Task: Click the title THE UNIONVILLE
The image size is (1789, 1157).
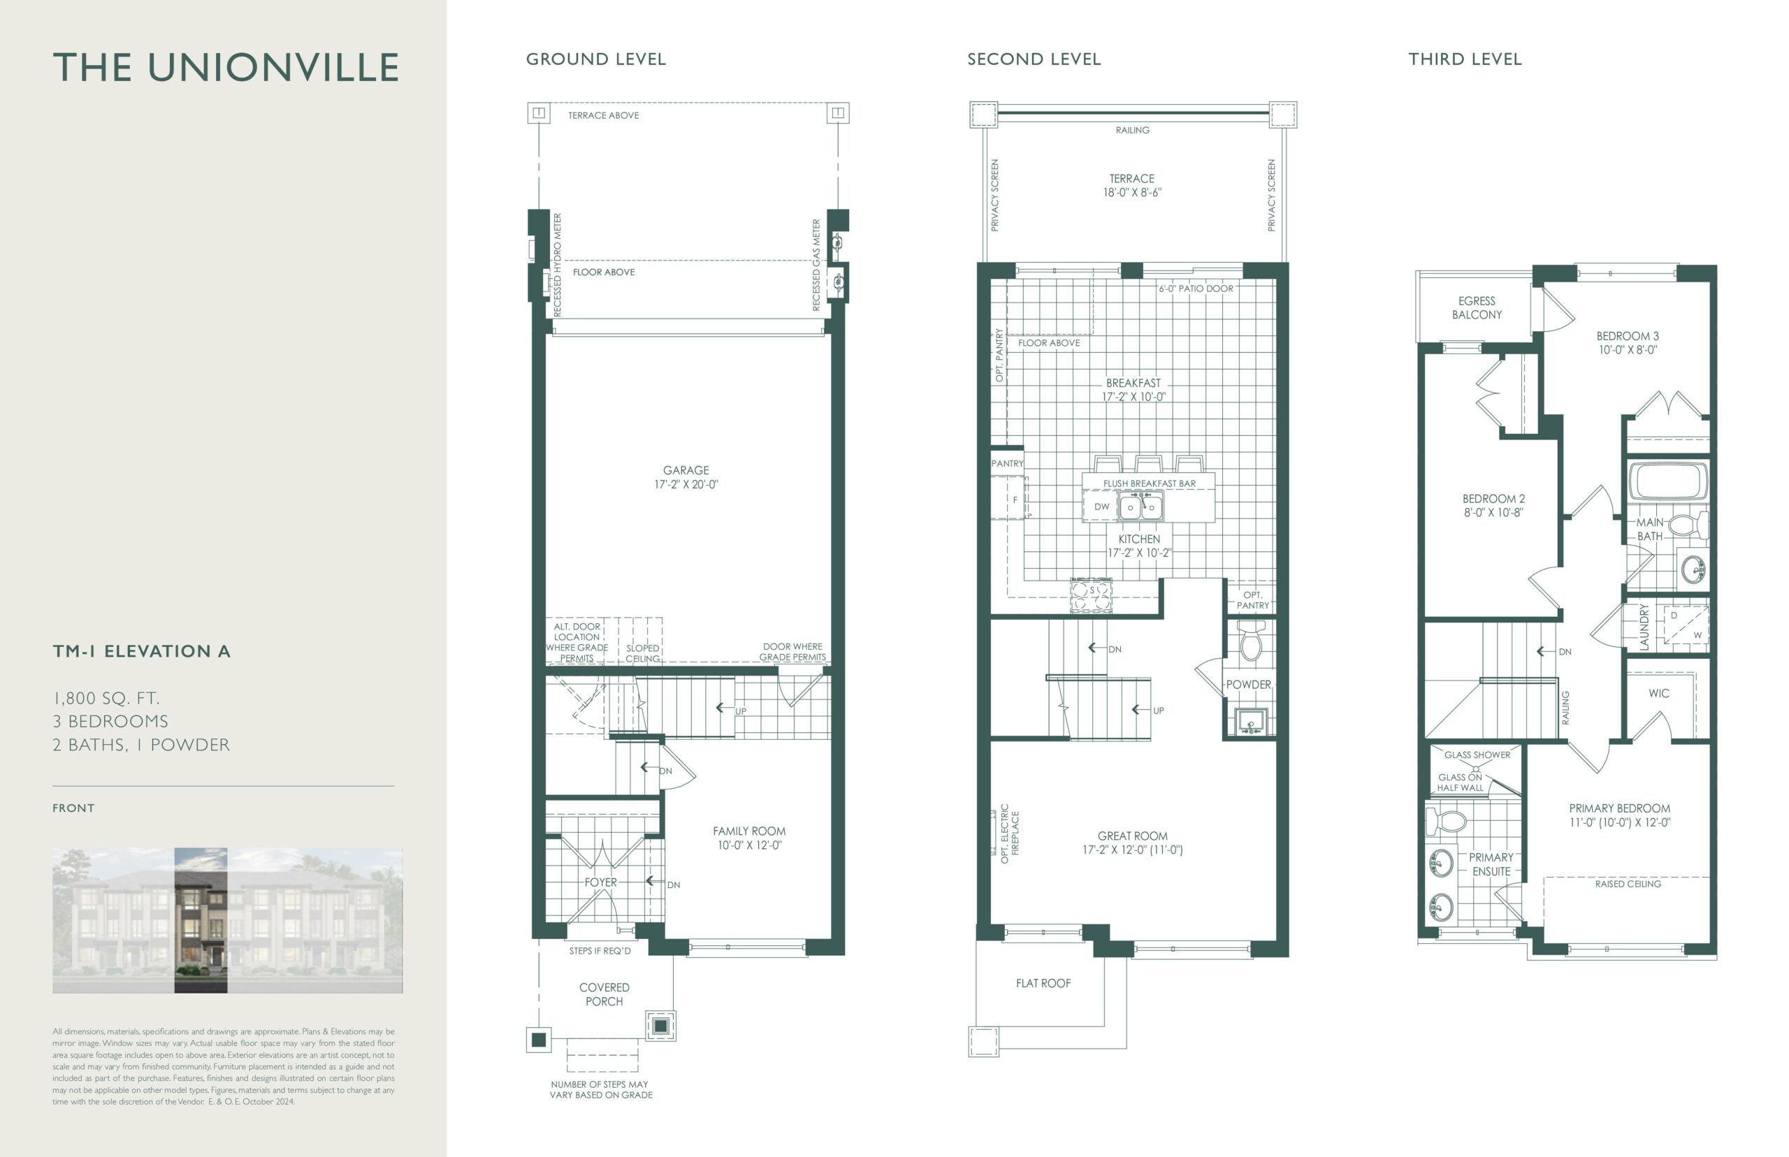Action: tap(226, 68)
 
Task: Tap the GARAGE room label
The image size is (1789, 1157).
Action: tap(686, 470)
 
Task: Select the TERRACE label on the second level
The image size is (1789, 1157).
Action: tap(1131, 179)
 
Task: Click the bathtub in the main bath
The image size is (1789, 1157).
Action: tap(1667, 481)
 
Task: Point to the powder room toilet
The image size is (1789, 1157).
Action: tap(1250, 641)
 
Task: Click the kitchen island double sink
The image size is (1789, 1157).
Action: tap(1140, 507)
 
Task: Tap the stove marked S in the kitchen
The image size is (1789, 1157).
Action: tap(1091, 596)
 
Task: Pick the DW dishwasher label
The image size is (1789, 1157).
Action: tap(1101, 507)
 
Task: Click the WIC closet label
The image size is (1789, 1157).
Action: tap(1658, 694)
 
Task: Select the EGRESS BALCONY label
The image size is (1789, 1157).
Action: tap(1477, 308)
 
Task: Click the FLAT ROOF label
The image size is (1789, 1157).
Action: tap(1043, 984)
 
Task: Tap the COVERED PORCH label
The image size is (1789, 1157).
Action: tap(604, 995)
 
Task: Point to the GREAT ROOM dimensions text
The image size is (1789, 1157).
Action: tap(1132, 850)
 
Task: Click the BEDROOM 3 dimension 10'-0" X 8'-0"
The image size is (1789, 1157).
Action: tap(1628, 350)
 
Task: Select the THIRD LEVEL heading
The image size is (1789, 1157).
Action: tap(1465, 59)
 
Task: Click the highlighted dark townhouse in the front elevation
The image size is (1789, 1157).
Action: tap(201, 920)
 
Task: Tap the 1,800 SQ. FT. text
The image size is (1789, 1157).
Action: tap(106, 699)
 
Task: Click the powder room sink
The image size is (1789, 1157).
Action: tap(1250, 722)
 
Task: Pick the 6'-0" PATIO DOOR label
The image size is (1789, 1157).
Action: tap(1196, 289)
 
